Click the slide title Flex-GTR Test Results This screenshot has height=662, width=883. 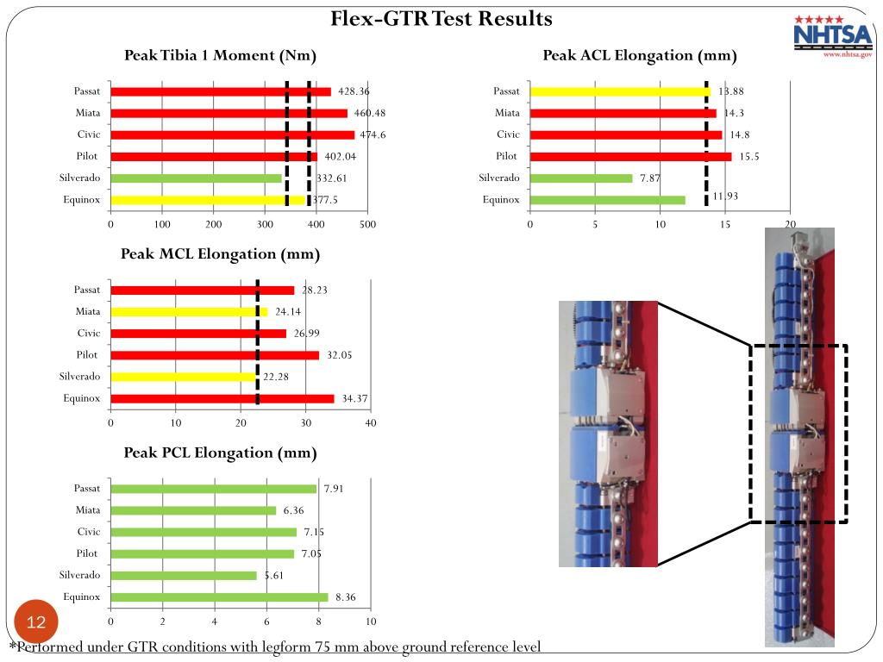point(441,18)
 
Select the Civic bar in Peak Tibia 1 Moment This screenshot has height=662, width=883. point(232,134)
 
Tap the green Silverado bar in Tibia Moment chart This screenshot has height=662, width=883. point(197,178)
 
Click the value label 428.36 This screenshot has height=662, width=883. point(354,91)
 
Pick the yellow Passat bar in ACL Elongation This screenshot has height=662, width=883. point(619,91)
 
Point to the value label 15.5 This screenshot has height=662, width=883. point(748,157)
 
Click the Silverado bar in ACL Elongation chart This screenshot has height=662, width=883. point(581,178)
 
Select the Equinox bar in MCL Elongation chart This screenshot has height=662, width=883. point(222,398)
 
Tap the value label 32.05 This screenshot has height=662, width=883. point(341,355)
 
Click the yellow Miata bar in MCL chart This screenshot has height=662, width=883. point(189,312)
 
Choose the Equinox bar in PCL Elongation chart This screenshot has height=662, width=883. point(219,597)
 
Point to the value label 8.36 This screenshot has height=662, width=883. point(346,597)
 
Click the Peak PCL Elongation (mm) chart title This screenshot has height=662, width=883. point(220,453)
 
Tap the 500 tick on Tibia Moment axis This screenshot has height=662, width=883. point(367,225)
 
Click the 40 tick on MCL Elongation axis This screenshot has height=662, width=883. point(371,423)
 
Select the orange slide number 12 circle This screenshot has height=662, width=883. point(36,622)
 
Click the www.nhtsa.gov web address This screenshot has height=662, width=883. point(848,53)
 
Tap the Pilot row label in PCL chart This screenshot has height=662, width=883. point(87,553)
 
